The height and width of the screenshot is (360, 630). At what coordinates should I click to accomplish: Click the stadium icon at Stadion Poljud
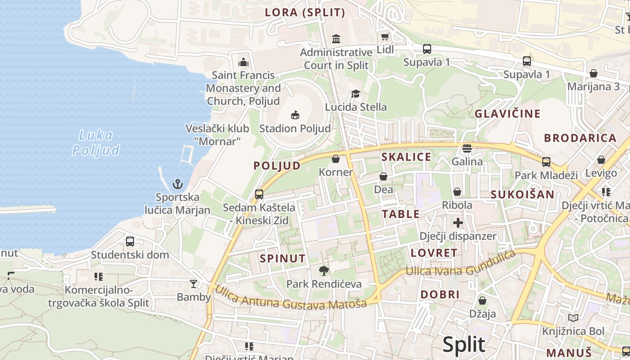[295, 115]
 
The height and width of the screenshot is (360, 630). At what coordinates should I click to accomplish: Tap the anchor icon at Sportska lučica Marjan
[178, 184]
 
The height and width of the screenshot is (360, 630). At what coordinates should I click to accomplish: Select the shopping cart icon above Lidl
[385, 37]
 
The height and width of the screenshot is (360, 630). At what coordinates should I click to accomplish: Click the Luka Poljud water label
[96, 142]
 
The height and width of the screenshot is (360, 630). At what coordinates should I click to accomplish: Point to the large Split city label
[464, 345]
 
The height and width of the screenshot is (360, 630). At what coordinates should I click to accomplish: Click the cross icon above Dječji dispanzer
[458, 222]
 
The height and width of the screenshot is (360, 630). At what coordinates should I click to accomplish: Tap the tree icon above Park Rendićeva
[324, 270]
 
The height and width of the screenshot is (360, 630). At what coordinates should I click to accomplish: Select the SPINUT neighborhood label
[283, 259]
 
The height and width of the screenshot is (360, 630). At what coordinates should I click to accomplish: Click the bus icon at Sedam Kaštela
[259, 194]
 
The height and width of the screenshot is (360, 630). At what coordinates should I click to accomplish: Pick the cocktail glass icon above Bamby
[193, 283]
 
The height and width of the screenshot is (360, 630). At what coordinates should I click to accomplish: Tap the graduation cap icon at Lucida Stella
[355, 94]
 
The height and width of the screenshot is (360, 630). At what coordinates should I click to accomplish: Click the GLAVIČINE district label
[508, 114]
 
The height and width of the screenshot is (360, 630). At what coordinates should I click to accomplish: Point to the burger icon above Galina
[467, 148]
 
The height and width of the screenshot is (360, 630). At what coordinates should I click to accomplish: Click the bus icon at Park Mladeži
[546, 162]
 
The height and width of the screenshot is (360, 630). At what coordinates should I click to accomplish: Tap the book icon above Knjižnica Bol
[573, 318]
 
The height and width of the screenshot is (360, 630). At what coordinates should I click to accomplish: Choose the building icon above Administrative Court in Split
[336, 39]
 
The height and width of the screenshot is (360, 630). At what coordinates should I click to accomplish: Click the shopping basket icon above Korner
[336, 159]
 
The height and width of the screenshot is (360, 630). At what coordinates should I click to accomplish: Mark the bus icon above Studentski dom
[130, 241]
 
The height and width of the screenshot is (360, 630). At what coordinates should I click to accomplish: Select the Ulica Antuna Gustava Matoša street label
[290, 298]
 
